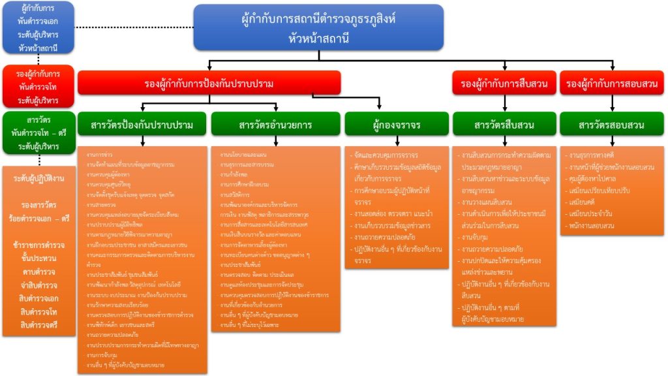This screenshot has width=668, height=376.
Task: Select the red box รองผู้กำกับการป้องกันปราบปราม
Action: pos(209,84)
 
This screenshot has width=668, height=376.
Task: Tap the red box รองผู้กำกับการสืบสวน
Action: pos(504,84)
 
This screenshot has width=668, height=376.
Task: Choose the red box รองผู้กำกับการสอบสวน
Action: pos(612,84)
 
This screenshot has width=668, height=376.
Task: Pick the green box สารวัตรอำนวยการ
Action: pos(275,125)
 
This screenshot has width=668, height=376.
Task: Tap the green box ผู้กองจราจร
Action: pos(397,125)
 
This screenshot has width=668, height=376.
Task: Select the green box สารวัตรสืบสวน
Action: pos(504,125)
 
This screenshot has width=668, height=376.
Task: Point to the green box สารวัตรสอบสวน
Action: pos(612,125)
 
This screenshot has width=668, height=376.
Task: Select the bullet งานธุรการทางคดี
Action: pos(596,156)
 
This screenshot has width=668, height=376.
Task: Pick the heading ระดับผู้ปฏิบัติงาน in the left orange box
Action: pos(38,178)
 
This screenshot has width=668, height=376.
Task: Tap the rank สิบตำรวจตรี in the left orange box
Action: pos(38,324)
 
